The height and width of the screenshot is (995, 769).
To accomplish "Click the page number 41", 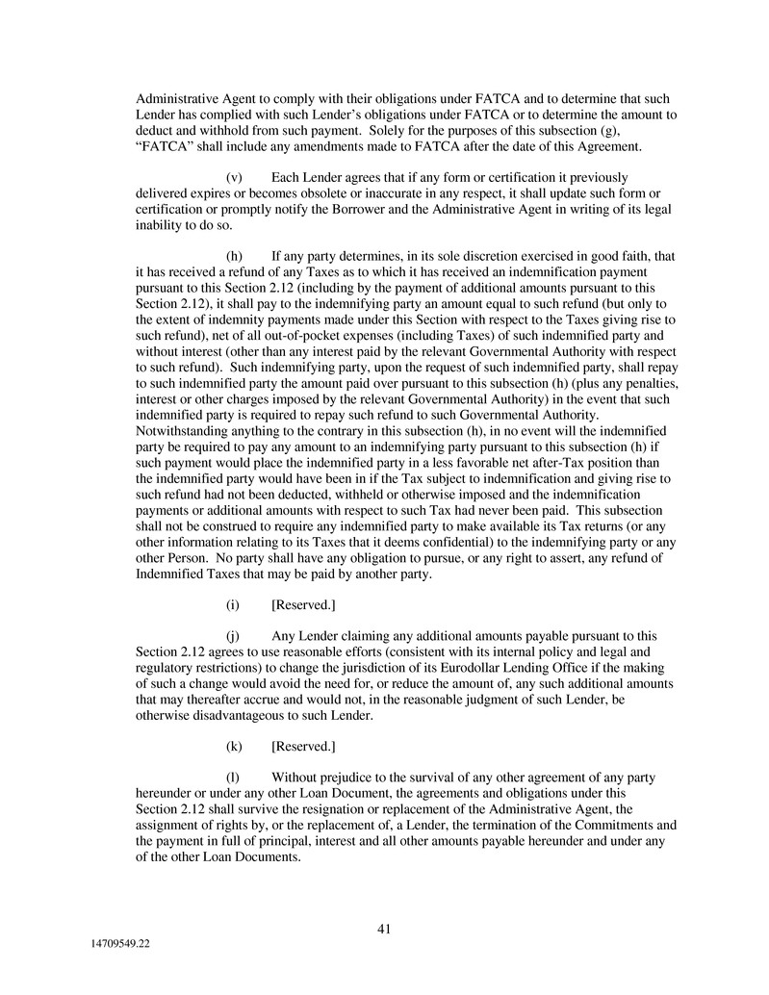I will (x=383, y=929).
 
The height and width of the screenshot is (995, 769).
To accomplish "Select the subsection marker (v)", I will (x=233, y=178).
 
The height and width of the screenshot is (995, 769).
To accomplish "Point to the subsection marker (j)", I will (x=233, y=636).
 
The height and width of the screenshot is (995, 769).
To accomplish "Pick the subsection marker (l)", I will (x=232, y=777).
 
